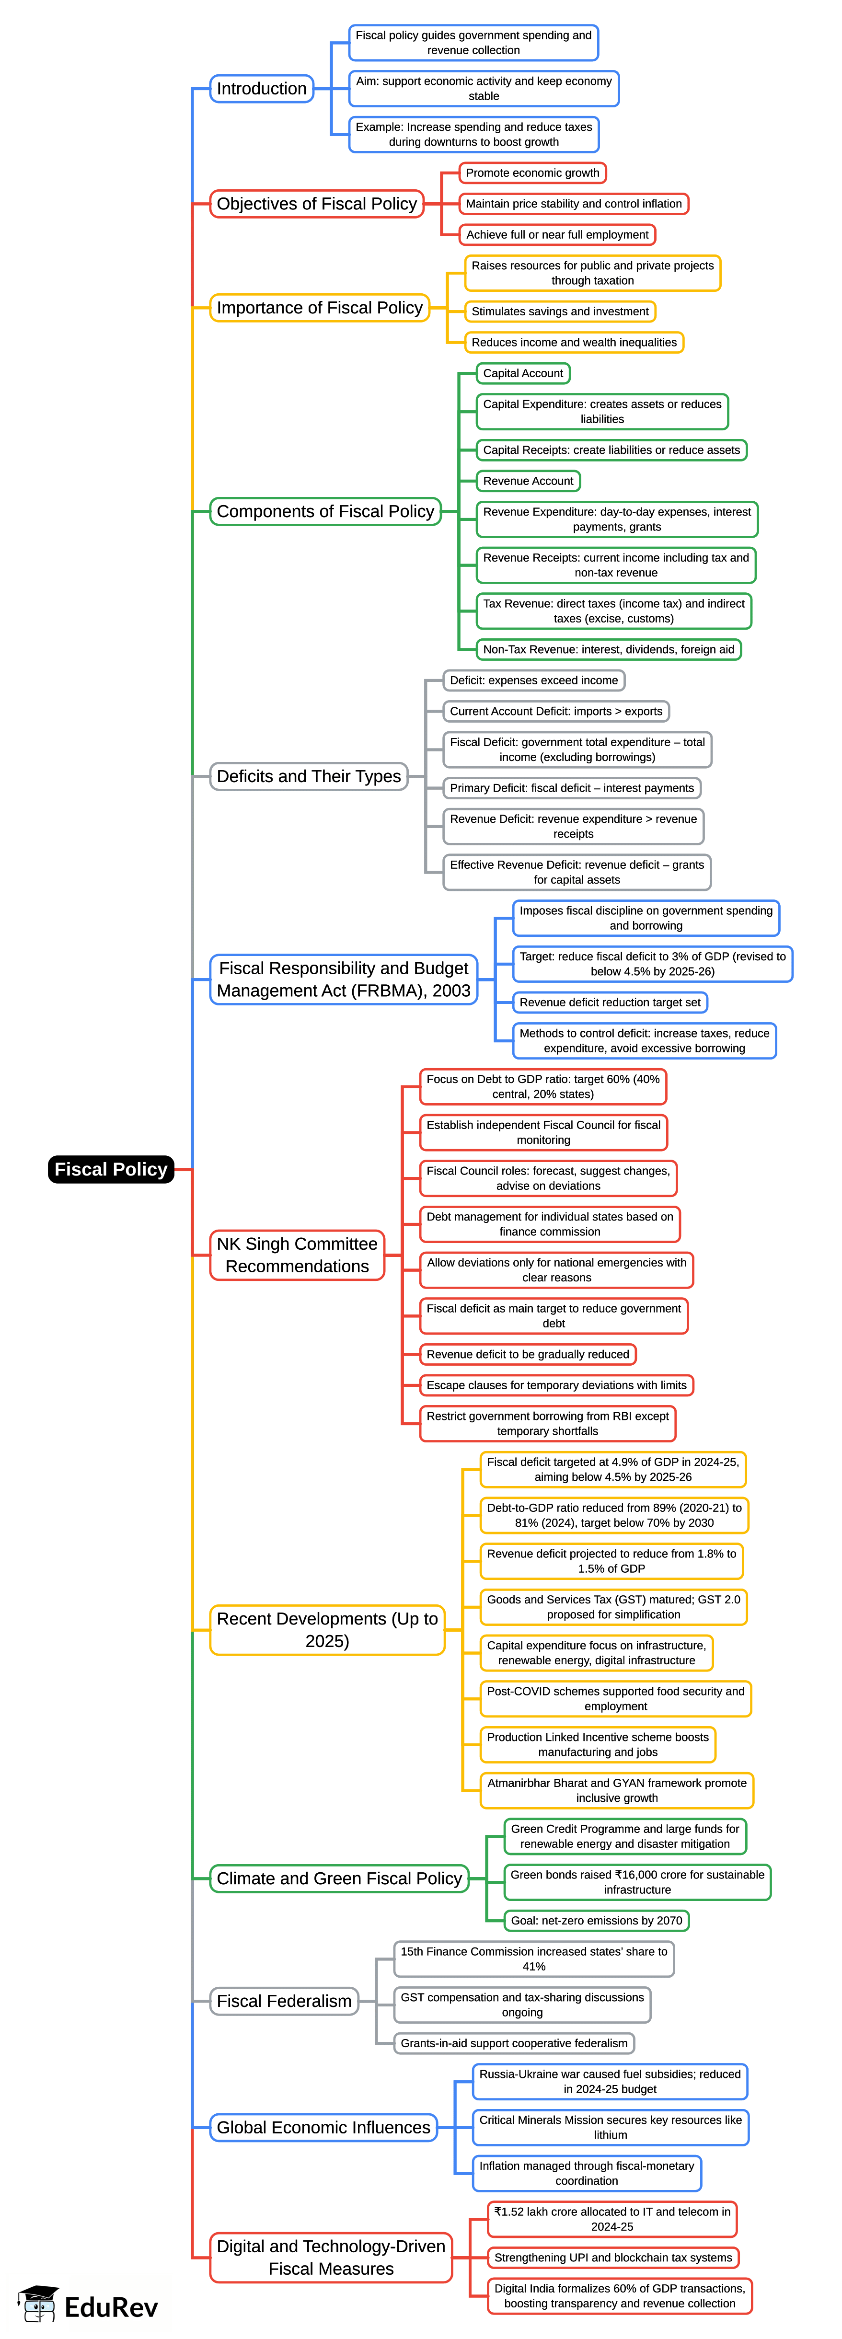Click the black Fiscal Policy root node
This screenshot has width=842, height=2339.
(x=111, y=1169)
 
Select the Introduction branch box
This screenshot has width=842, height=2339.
(x=262, y=88)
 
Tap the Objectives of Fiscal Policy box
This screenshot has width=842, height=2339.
(x=316, y=203)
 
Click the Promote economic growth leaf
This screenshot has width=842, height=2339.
(x=532, y=173)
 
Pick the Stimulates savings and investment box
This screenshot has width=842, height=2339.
(x=560, y=311)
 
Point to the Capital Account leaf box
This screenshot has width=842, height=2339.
(x=523, y=373)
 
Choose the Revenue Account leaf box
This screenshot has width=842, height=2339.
(x=528, y=481)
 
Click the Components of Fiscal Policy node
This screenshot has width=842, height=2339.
(x=325, y=511)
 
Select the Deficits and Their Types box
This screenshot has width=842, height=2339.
(x=309, y=776)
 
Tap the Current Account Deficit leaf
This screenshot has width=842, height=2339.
(x=556, y=711)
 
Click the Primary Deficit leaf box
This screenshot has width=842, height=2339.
(x=572, y=788)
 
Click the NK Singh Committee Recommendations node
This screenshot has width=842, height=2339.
(x=297, y=1255)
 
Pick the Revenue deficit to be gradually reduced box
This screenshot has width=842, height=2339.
(x=528, y=1354)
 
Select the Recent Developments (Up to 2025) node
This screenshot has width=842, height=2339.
(x=327, y=1629)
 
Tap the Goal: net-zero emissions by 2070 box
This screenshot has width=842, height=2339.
(x=597, y=1920)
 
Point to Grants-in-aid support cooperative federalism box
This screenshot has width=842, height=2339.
(x=514, y=2043)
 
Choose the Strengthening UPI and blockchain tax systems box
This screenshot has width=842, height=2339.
(x=613, y=2257)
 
